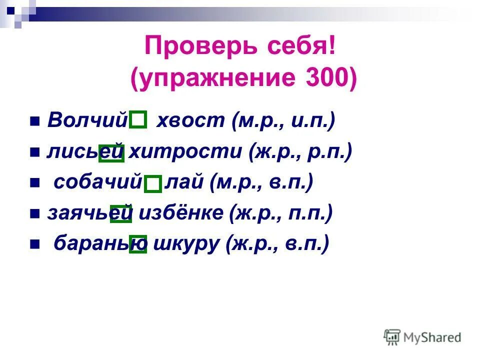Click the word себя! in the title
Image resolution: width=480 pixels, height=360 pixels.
tap(291, 48)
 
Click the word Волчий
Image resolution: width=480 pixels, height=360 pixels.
tap(88, 120)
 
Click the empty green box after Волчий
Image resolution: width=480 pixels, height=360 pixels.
tap(138, 120)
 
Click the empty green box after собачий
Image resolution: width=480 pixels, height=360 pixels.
tap(153, 184)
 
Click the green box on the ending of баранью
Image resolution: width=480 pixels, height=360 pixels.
tap(138, 244)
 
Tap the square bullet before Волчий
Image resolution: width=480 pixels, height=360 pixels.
tap(34, 121)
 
